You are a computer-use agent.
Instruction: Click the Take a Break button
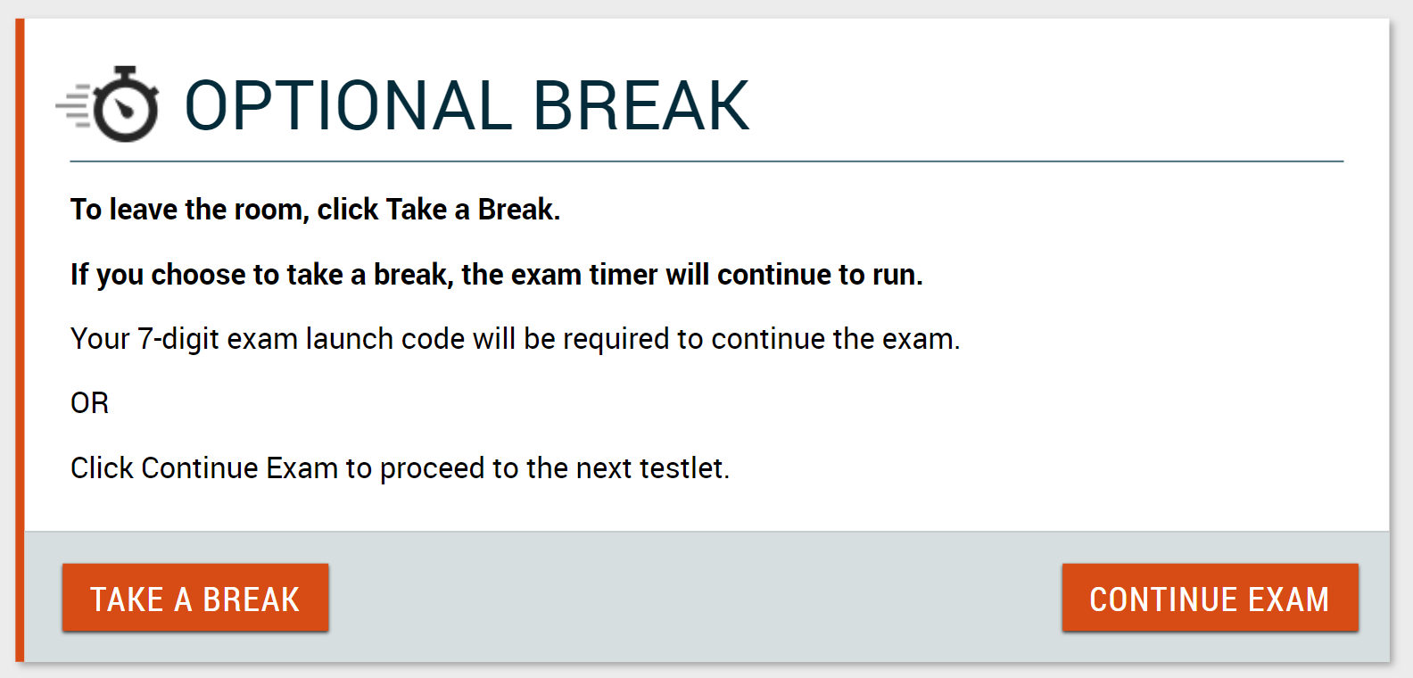pyautogui.click(x=195, y=598)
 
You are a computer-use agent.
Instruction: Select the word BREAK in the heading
pyautogui.click(x=641, y=105)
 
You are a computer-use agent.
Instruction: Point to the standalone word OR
pyautogui.click(x=89, y=403)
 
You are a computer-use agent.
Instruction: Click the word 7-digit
pyautogui.click(x=178, y=339)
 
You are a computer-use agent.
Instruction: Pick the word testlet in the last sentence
pyautogui.click(x=684, y=468)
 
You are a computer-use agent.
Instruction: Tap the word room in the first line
pyautogui.click(x=271, y=210)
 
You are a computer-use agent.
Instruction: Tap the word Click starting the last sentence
pyautogui.click(x=103, y=468)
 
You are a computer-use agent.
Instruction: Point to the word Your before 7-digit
pyautogui.click(x=100, y=339)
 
